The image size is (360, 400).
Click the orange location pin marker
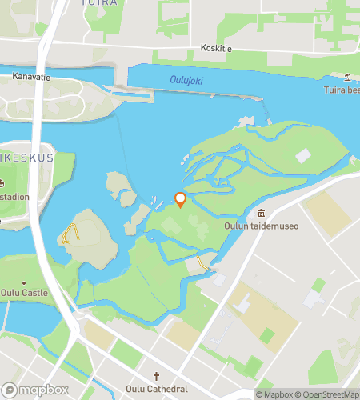[181, 199]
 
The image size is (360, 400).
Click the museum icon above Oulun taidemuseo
[262, 213]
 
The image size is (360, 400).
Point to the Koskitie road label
[216, 48]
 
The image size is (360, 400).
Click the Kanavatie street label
[31, 77]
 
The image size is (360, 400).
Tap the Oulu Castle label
[25, 293]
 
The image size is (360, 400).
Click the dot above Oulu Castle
[24, 282]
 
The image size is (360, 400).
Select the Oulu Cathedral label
[158, 389]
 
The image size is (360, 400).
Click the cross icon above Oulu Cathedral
[158, 377]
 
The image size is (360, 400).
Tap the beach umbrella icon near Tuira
[348, 77]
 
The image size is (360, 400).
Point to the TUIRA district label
[99, 3]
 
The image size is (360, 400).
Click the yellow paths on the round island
[70, 234]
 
